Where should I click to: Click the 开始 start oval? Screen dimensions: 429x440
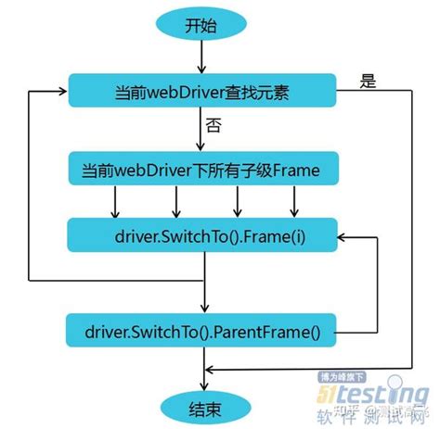pyautogui.click(x=201, y=25)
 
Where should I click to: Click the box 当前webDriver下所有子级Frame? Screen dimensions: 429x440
pyautogui.click(x=201, y=170)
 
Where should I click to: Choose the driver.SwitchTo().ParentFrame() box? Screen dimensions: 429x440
pyautogui.click(x=201, y=329)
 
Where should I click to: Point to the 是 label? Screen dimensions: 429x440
pyautogui.click(x=369, y=82)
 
